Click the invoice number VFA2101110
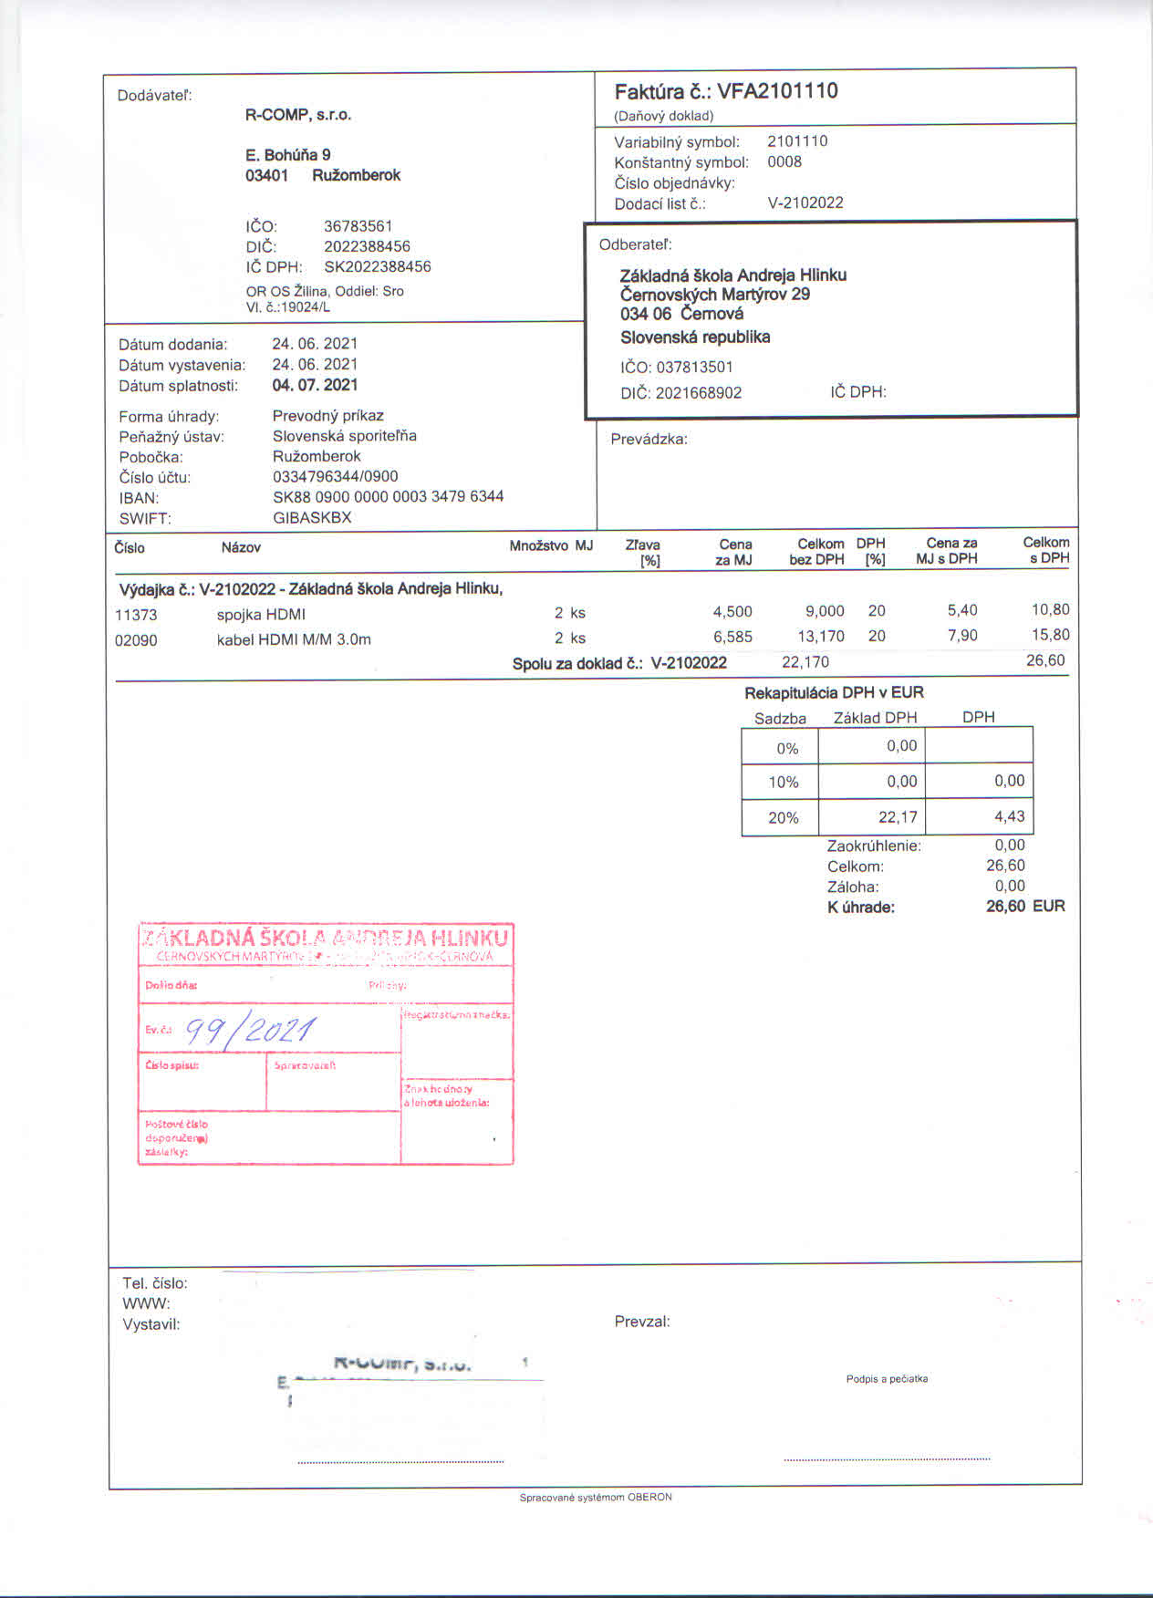(777, 91)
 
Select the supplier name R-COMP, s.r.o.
(298, 115)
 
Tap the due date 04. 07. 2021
(315, 385)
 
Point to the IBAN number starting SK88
(388, 496)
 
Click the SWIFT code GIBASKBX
(312, 517)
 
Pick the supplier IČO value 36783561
(358, 226)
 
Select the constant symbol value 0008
(784, 161)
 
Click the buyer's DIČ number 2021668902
(699, 393)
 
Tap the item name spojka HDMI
(261, 614)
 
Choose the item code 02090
(136, 640)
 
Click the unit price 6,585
(732, 637)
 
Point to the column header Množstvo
(538, 545)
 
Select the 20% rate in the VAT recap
(783, 817)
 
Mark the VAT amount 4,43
(1009, 816)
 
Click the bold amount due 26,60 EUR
(1024, 907)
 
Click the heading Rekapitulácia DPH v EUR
(834, 692)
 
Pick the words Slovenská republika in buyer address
(695, 337)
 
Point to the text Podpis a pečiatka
(887, 1378)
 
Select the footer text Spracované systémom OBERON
(596, 1497)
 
